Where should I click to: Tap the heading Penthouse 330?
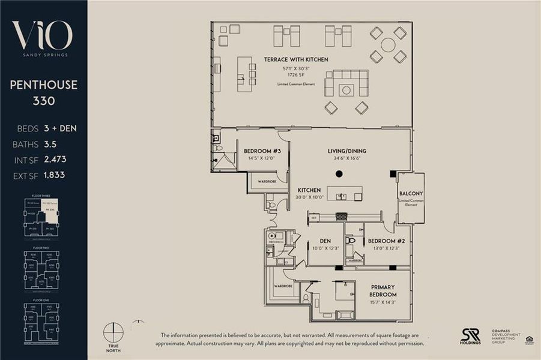click(43, 92)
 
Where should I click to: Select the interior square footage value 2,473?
click(55, 160)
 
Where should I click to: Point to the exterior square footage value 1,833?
click(54, 175)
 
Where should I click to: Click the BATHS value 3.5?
click(49, 144)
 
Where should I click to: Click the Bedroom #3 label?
click(261, 151)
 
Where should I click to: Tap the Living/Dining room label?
click(346, 151)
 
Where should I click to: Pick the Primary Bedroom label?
click(383, 290)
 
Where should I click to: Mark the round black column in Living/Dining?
click(339, 174)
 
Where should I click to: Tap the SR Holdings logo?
click(470, 336)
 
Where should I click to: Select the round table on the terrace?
click(388, 45)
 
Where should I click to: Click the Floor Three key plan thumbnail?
click(42, 217)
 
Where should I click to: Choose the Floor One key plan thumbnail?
click(42, 321)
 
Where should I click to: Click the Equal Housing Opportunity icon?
click(529, 340)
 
